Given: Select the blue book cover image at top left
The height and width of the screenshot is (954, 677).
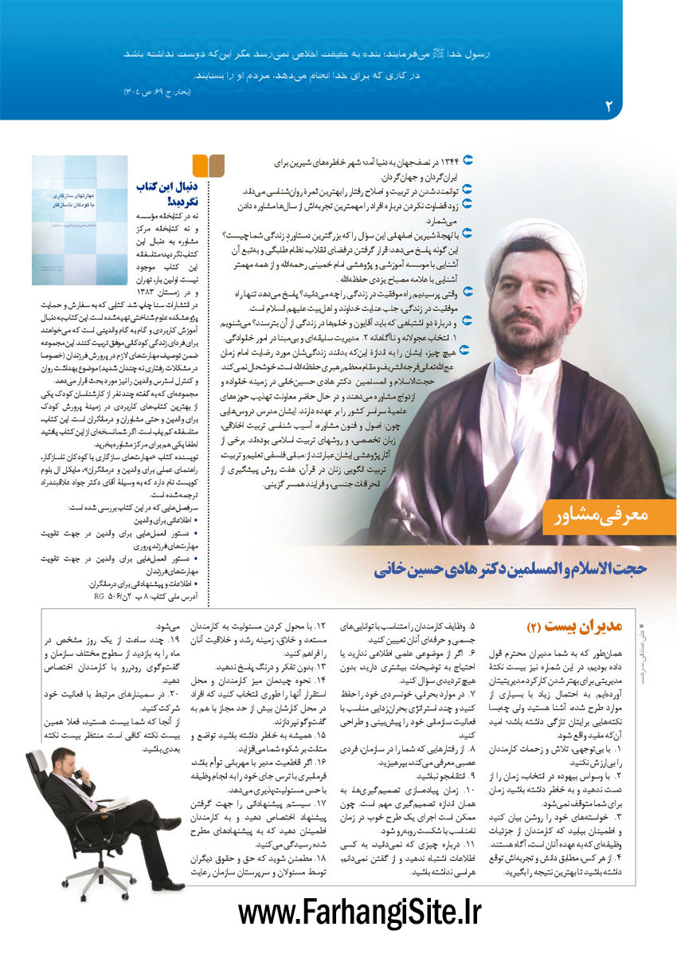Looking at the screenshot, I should point(79,220).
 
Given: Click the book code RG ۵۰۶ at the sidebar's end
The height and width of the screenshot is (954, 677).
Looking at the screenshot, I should point(115,595).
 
